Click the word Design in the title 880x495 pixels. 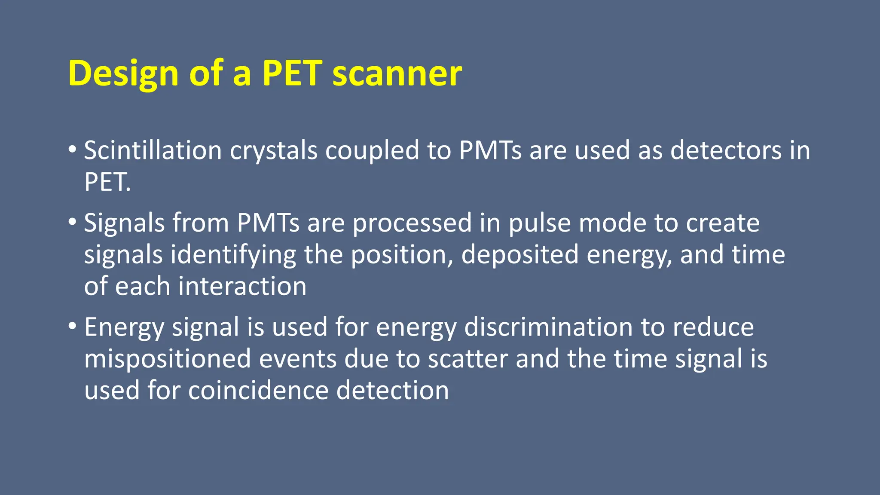click(123, 74)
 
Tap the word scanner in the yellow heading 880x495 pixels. click(397, 74)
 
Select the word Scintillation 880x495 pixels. click(153, 151)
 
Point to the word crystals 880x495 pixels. click(274, 152)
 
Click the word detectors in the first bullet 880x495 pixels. click(726, 151)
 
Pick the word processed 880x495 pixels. click(412, 224)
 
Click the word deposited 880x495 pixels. click(520, 255)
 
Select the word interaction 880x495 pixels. click(242, 287)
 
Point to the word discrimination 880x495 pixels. click(549, 327)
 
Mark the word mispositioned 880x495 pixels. click(168, 359)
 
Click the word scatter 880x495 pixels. click(468, 359)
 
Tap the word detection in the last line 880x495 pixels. click(392, 391)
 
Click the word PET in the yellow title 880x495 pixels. click(292, 74)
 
